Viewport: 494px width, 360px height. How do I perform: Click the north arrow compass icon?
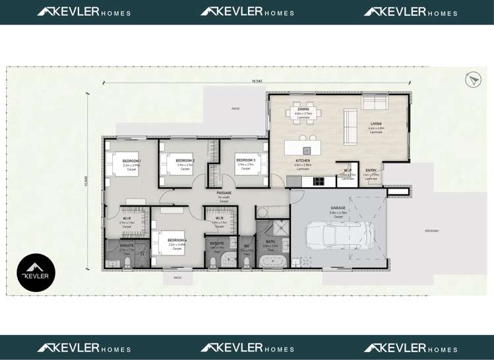pos(473,80)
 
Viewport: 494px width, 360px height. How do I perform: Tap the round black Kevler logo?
pos(36,273)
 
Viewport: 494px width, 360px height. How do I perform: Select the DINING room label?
pos(303,110)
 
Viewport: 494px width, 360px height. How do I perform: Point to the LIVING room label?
pos(376,124)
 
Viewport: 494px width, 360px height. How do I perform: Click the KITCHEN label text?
pos(303,161)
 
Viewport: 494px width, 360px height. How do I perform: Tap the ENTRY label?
pos(371,171)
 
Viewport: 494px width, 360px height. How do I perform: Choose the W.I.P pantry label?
pos(347,171)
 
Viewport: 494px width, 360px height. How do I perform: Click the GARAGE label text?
pos(338,208)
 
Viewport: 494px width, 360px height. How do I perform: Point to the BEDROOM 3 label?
pos(245,160)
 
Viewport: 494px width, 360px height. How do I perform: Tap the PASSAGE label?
pos(224,193)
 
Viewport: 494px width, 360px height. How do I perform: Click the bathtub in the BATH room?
pos(271,262)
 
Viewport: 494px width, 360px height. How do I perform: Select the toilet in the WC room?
pos(247,262)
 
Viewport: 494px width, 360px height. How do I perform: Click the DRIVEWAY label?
pos(432,230)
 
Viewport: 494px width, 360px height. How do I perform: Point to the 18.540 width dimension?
pos(257,81)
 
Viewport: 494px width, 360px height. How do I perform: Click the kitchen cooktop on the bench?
pos(319,180)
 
